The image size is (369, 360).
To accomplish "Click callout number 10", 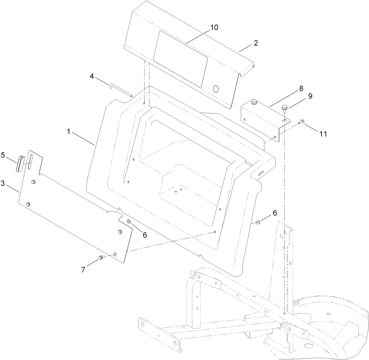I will pos(214,28).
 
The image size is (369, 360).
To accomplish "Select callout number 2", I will pos(256,43).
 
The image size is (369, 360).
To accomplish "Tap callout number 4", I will pos(91,76).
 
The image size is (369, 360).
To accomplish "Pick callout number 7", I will pos(83,269).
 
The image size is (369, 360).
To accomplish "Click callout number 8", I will pos(301,88).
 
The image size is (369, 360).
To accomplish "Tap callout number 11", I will pos(323,133).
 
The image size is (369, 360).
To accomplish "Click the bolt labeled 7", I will pos(101,257).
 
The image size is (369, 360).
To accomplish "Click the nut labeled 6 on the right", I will pos(258,222).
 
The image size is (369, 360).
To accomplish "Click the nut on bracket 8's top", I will pos(254,102).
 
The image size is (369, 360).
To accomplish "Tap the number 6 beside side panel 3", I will pos(145,235).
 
